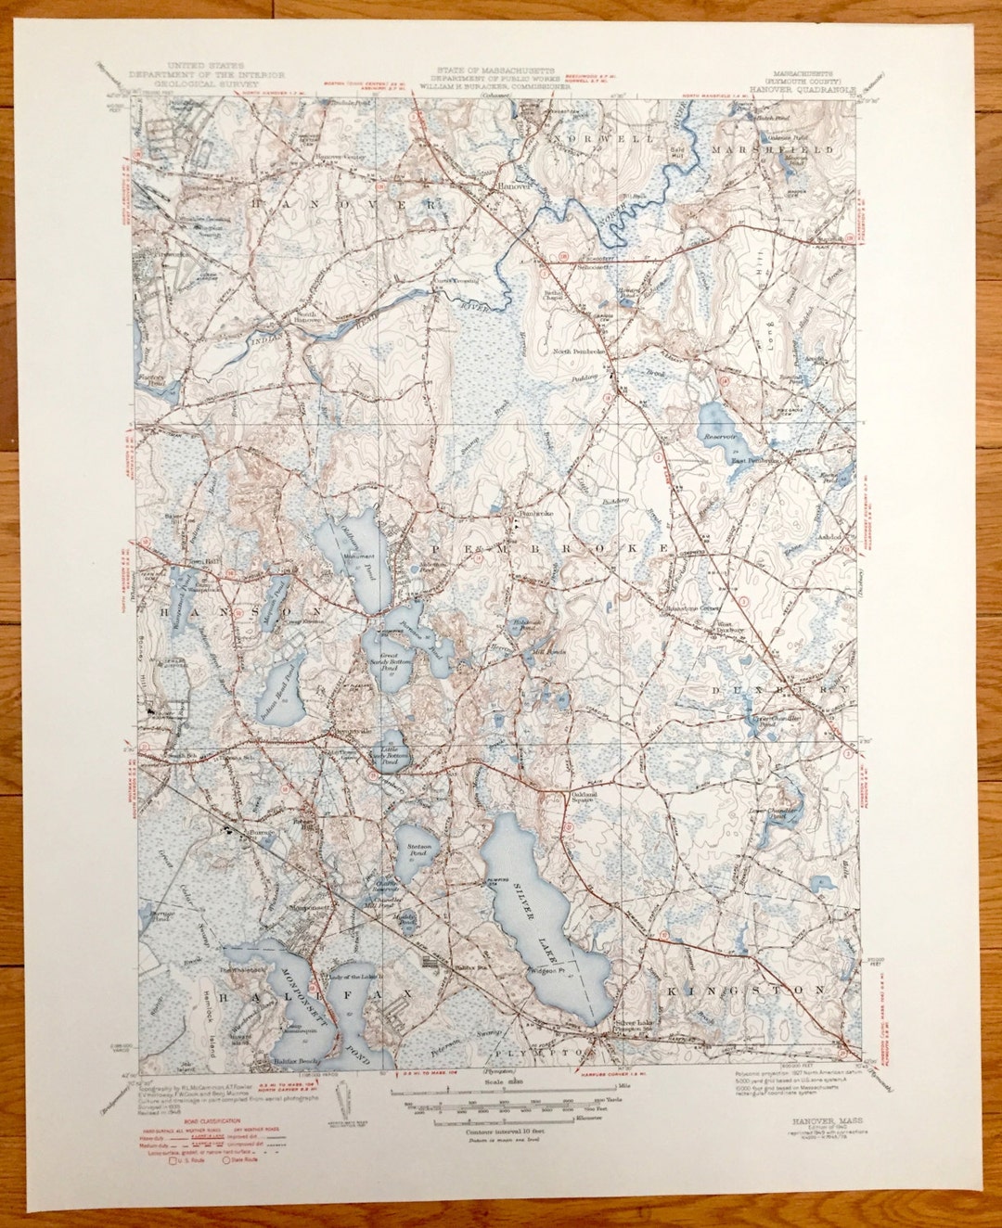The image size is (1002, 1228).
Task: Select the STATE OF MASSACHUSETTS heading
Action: pos(497,70)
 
